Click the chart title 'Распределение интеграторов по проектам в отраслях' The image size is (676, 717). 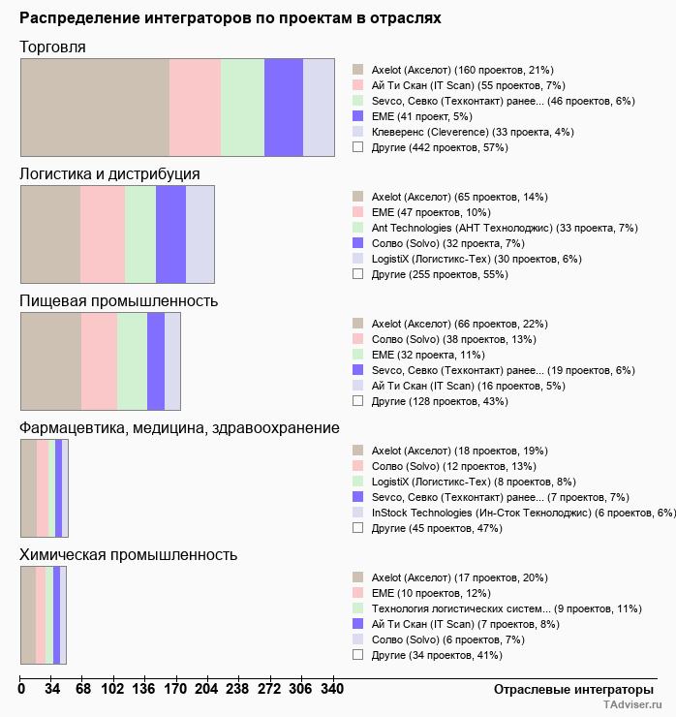click(x=230, y=18)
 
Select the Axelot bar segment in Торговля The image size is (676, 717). click(x=95, y=107)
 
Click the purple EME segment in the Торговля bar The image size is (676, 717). click(x=284, y=107)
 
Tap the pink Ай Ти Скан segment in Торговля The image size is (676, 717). click(x=195, y=107)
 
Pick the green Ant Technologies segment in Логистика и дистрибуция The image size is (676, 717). click(x=140, y=234)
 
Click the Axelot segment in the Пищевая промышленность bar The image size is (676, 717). click(x=51, y=361)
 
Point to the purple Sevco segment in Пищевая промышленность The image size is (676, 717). click(x=155, y=361)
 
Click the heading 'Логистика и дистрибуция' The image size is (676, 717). click(x=110, y=173)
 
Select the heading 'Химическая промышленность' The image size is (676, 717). click(x=129, y=555)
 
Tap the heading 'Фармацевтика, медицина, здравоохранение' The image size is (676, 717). click(x=179, y=428)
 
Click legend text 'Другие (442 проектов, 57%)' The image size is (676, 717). click(x=440, y=147)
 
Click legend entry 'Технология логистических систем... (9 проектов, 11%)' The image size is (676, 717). click(x=507, y=608)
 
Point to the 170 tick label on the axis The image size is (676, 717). click(x=175, y=689)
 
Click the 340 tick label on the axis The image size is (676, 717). click(x=332, y=689)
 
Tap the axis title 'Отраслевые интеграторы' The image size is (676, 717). click(x=568, y=689)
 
